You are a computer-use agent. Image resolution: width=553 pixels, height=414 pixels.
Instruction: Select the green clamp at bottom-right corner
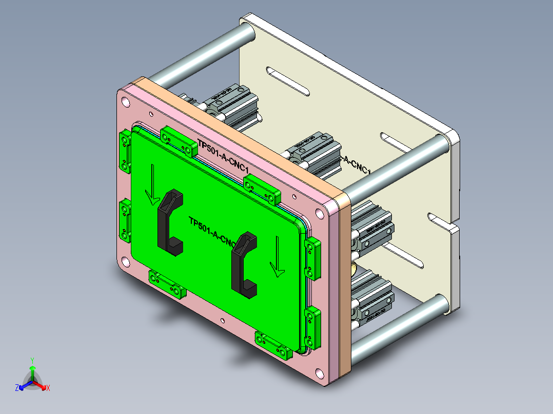[x=274, y=345]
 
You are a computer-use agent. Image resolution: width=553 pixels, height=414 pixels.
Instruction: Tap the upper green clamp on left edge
[x=125, y=151]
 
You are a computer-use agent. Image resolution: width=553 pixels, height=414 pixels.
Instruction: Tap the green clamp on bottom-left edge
[x=167, y=284]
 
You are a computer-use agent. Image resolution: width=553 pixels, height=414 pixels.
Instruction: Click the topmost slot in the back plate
[x=288, y=82]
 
